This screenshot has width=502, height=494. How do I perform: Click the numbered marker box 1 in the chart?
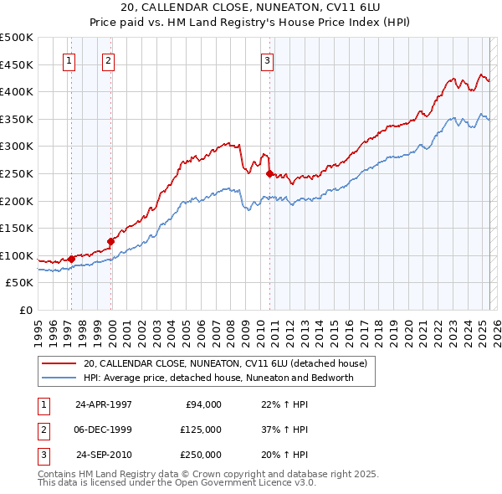click(x=68, y=59)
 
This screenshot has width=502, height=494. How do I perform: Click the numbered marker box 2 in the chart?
click(x=109, y=59)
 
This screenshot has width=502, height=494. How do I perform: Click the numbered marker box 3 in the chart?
click(x=266, y=59)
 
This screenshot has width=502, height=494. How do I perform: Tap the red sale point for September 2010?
click(x=269, y=174)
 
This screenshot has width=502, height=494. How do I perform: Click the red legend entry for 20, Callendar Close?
click(x=224, y=364)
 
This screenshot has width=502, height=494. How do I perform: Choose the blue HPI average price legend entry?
click(x=218, y=378)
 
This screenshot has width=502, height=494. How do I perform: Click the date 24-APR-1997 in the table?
click(x=104, y=404)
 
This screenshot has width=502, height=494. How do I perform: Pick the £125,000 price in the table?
click(x=201, y=430)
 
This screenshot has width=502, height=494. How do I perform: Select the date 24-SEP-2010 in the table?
click(x=104, y=455)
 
